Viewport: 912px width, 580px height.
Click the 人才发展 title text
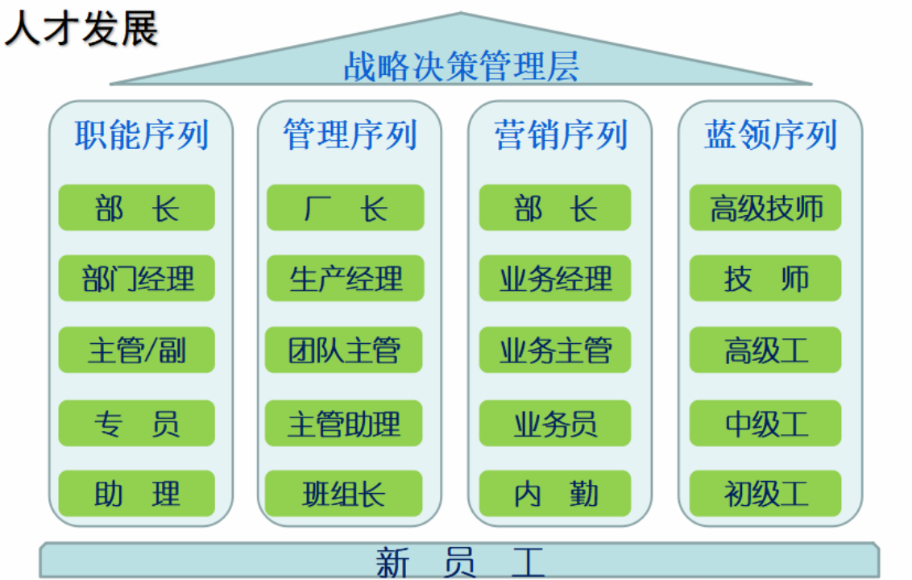pyautogui.click(x=81, y=30)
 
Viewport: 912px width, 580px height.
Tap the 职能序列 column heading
pyautogui.click(x=141, y=135)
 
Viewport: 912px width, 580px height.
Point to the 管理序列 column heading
pyautogui.click(x=350, y=135)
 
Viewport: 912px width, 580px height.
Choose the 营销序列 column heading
pyautogui.click(x=561, y=135)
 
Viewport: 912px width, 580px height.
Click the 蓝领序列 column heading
pyautogui.click(x=770, y=135)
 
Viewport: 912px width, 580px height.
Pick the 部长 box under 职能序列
pyautogui.click(x=137, y=208)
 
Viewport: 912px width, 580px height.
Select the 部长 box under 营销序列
pyautogui.click(x=555, y=208)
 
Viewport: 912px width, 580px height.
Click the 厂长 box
pyautogui.click(x=345, y=208)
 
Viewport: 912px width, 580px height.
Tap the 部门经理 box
pyautogui.click(x=137, y=279)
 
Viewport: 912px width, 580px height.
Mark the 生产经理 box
pyautogui.click(x=345, y=279)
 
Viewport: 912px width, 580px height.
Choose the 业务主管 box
pyautogui.click(x=555, y=350)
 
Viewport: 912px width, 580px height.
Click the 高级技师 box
pyautogui.click(x=765, y=208)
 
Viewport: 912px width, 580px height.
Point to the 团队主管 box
pyautogui.click(x=345, y=350)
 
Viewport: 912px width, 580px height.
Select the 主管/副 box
pyautogui.click(x=137, y=350)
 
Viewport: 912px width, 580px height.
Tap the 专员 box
pyautogui.click(x=137, y=423)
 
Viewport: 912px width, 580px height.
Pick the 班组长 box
pyautogui.click(x=345, y=493)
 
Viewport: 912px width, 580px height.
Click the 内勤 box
pyautogui.click(x=555, y=493)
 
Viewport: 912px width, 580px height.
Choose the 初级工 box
pyautogui.click(x=765, y=493)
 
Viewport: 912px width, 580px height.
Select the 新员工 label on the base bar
pyautogui.click(x=460, y=561)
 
